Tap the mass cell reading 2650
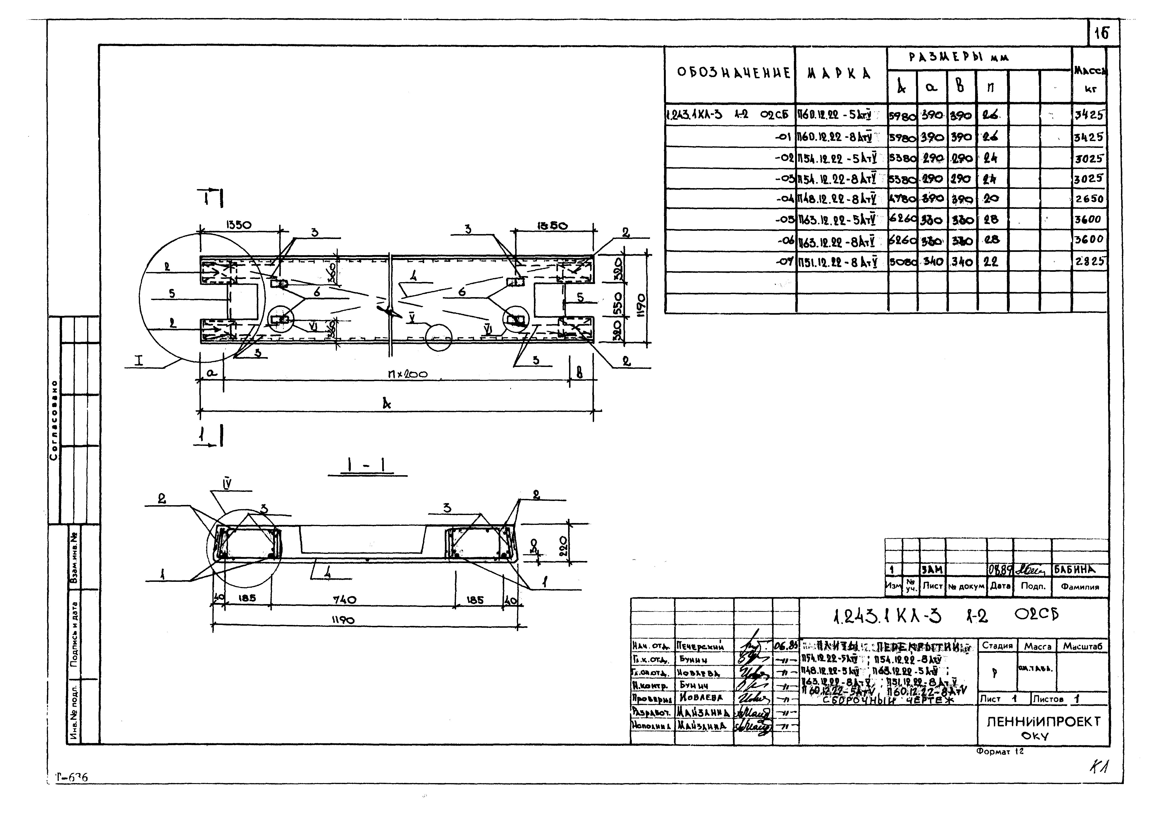[1089, 199]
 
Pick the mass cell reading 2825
[1089, 262]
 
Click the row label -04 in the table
[785, 199]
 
